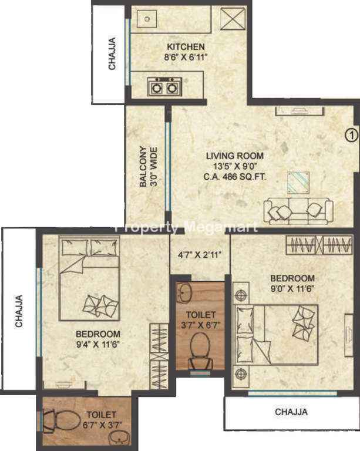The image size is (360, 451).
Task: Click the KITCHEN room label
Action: click(x=186, y=46)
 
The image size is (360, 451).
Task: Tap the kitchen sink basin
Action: click(x=147, y=19)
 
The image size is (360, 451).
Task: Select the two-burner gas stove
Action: click(x=164, y=87)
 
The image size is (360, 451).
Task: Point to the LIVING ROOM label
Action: click(x=235, y=156)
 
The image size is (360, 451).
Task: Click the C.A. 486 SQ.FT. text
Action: click(x=235, y=176)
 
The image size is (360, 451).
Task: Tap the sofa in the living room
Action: click(x=298, y=211)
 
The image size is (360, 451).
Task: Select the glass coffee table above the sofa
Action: click(x=298, y=183)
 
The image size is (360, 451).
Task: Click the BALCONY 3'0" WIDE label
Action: click(x=149, y=167)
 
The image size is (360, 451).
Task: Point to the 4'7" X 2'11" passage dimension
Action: click(x=200, y=254)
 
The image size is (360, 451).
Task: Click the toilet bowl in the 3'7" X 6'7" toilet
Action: click(x=200, y=351)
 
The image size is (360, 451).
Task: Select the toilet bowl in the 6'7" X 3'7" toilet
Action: click(x=61, y=420)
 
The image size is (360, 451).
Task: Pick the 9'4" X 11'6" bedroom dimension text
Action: click(x=97, y=344)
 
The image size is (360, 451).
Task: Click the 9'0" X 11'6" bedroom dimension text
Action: click(x=292, y=288)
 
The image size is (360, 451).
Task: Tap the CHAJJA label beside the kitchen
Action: click(x=112, y=53)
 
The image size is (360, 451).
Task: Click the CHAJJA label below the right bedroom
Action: click(x=291, y=412)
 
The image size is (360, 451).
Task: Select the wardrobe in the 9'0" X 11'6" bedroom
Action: click(x=319, y=245)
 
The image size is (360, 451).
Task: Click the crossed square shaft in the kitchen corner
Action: click(x=233, y=18)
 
